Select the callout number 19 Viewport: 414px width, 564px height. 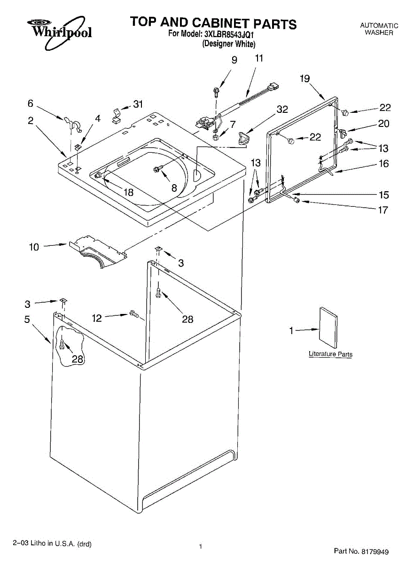[x=305, y=78]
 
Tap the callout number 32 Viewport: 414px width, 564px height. [x=282, y=110]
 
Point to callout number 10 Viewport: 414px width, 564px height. [x=34, y=246]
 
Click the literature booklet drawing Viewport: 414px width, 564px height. [x=328, y=325]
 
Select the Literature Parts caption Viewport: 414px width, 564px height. [x=330, y=354]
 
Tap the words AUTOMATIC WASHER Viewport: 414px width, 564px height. [x=379, y=29]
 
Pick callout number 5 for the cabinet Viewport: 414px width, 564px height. [x=27, y=320]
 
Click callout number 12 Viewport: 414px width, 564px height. [x=97, y=318]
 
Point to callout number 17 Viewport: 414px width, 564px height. [x=383, y=210]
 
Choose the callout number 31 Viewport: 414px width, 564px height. [x=138, y=104]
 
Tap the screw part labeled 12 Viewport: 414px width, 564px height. [x=133, y=313]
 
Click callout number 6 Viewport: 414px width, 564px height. [x=31, y=103]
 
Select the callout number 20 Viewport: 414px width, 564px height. [x=384, y=124]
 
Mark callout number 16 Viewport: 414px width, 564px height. [x=384, y=164]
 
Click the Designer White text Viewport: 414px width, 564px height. [x=229, y=44]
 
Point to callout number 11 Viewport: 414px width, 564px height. [x=259, y=59]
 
